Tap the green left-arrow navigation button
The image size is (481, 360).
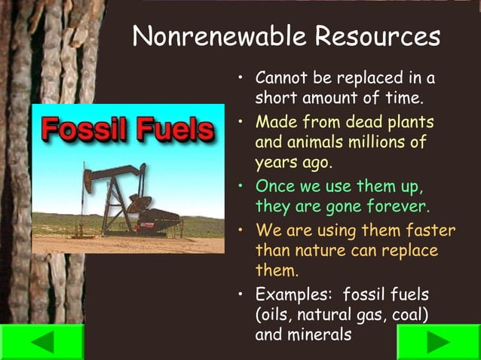(x=41, y=341)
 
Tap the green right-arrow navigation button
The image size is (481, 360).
(x=439, y=341)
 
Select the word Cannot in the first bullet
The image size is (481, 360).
(x=280, y=78)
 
